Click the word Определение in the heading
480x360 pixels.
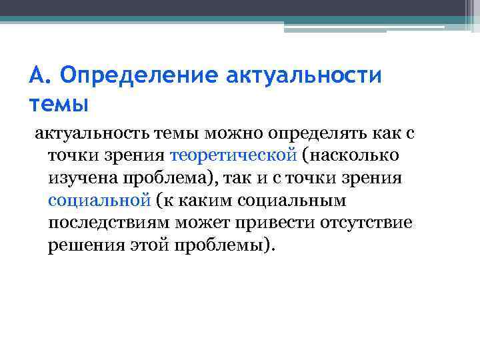[x=137, y=76]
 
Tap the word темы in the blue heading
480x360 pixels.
[x=59, y=105]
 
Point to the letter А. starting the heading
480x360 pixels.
[x=39, y=76]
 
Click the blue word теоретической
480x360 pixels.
[x=233, y=155]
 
